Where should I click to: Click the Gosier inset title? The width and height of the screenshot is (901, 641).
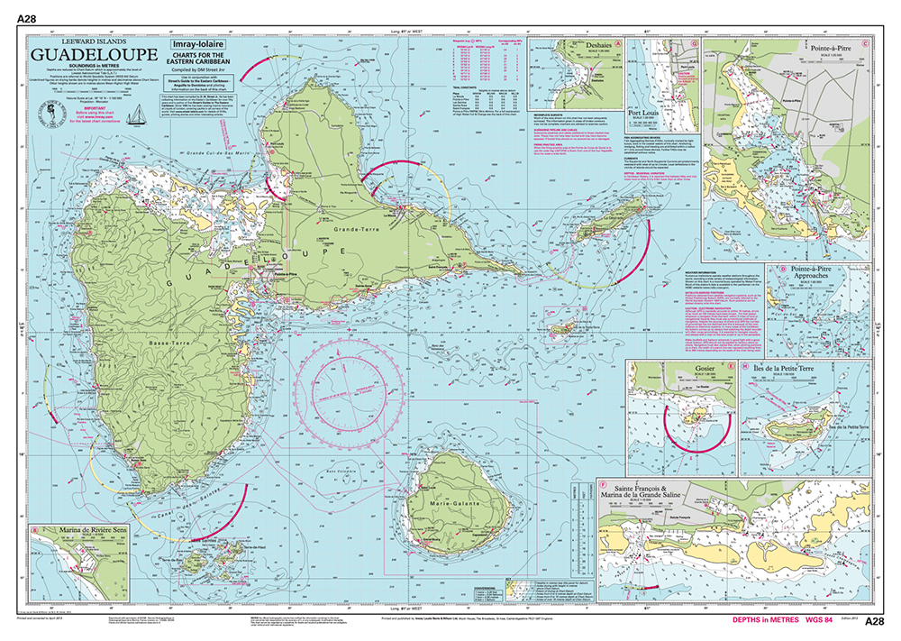click(x=687, y=370)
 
